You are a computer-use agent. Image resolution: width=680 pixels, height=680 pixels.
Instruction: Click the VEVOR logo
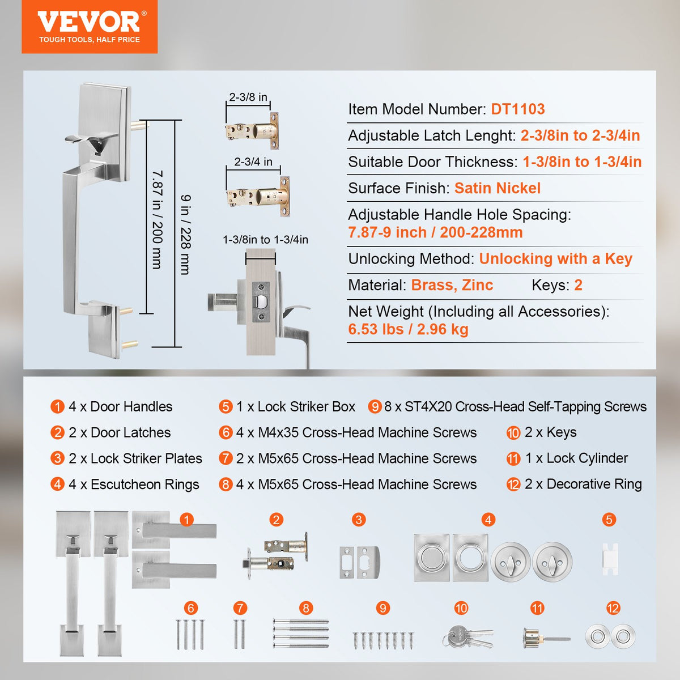click(x=89, y=27)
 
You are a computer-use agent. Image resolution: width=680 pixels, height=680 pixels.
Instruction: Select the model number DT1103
click(x=517, y=109)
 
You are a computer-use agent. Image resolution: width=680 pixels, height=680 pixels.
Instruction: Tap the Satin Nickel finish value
click(x=497, y=188)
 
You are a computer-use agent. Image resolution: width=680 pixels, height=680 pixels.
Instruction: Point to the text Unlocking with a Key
click(x=555, y=259)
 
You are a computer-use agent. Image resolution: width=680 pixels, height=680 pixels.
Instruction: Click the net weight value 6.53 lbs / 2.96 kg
click(x=408, y=329)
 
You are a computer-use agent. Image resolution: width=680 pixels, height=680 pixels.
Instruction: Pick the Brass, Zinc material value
click(x=452, y=285)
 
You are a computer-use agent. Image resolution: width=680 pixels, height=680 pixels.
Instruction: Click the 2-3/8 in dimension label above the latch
click(x=248, y=97)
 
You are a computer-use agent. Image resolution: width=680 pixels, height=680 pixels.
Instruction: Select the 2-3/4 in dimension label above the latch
click(x=253, y=161)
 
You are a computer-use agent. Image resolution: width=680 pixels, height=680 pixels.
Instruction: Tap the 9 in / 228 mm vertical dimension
click(x=185, y=234)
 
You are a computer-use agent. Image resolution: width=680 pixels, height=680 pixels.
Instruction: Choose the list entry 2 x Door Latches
click(x=119, y=432)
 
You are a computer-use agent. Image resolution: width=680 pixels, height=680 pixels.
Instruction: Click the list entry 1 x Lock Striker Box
click(x=295, y=407)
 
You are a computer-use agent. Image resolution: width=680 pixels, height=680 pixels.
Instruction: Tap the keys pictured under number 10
click(x=467, y=637)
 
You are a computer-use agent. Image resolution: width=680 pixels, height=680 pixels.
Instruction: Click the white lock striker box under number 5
click(x=610, y=558)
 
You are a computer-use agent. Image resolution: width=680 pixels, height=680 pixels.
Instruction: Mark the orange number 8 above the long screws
click(x=306, y=608)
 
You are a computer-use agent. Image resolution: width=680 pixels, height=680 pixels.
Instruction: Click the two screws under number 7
click(x=240, y=634)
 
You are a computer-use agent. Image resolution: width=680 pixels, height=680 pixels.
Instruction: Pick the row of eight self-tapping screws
click(x=383, y=640)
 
